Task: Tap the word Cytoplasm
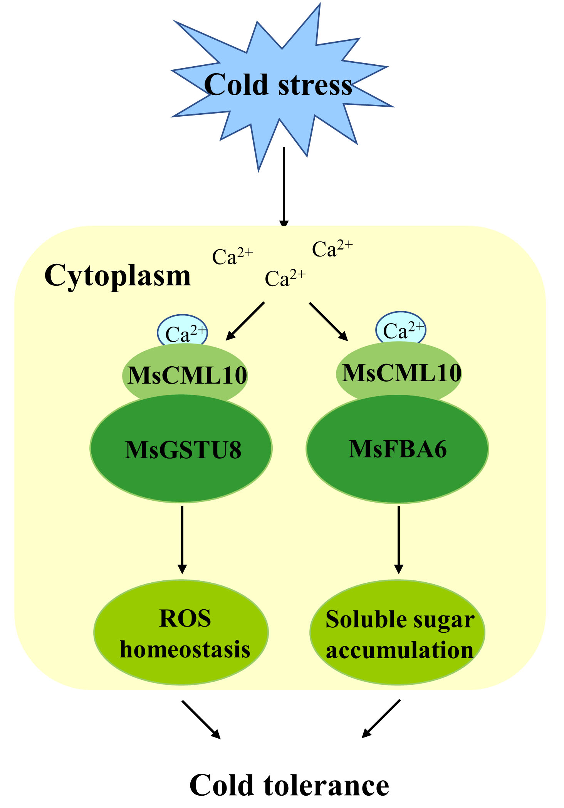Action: point(117,276)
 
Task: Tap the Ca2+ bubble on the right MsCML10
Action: point(401,328)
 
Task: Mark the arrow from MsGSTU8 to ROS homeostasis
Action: point(182,539)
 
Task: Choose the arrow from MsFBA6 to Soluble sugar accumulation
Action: point(399,539)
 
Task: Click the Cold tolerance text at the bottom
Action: point(289,786)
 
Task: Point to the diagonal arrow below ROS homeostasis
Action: point(201,719)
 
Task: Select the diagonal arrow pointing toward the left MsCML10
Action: point(245,321)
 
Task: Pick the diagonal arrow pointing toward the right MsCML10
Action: point(328,322)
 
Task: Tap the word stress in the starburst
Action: point(315,85)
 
